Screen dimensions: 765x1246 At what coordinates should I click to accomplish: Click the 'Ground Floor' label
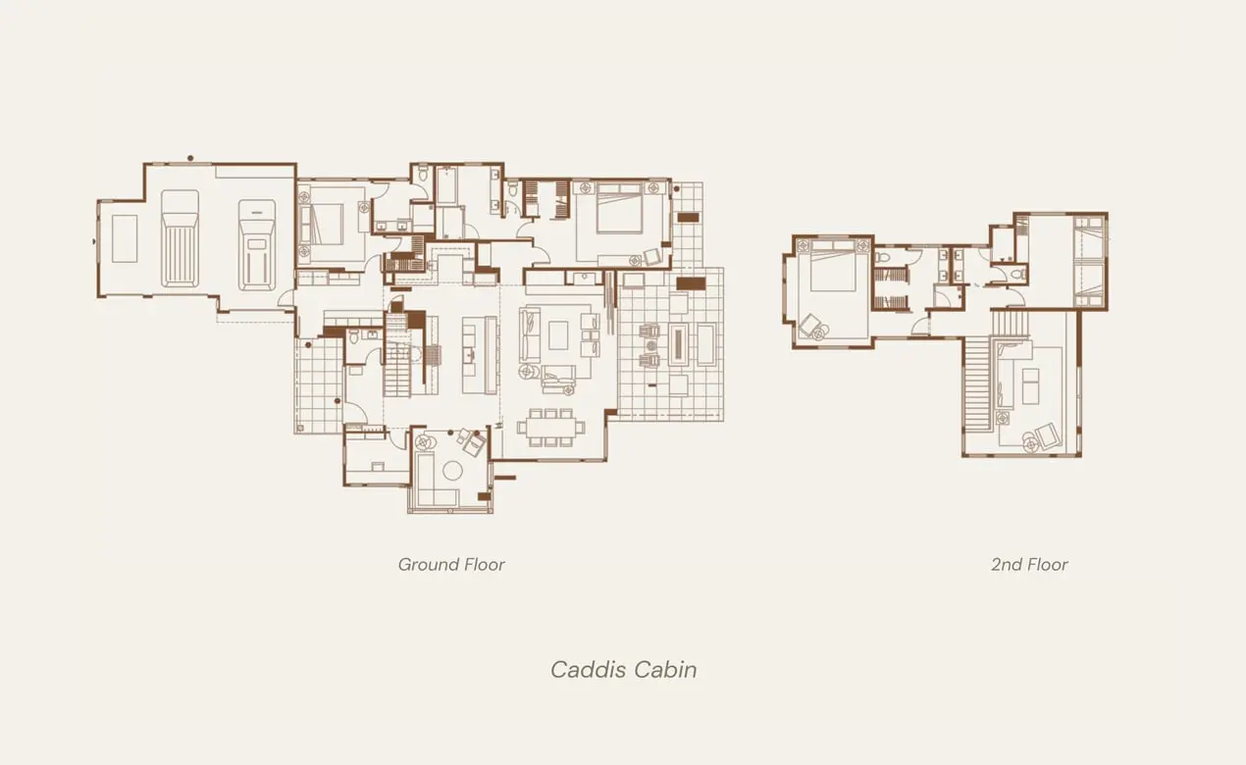pyautogui.click(x=451, y=564)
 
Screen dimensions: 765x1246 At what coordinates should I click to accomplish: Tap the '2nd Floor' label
pyautogui.click(x=1029, y=564)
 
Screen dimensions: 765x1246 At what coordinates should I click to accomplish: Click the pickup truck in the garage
pyautogui.click(x=180, y=238)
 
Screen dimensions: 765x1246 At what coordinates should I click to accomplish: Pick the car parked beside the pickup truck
pyautogui.click(x=256, y=244)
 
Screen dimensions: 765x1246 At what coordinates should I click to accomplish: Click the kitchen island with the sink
pyautogui.click(x=469, y=353)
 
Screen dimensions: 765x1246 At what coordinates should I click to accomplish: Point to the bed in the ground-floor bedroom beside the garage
pyautogui.click(x=327, y=225)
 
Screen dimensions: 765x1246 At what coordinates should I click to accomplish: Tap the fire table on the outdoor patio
pyautogui.click(x=676, y=342)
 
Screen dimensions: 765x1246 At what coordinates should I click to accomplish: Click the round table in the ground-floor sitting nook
pyautogui.click(x=452, y=470)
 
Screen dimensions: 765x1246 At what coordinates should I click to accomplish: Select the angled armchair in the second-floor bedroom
pyautogui.click(x=812, y=326)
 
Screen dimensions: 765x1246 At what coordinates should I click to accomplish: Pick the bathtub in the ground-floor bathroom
pyautogui.click(x=446, y=185)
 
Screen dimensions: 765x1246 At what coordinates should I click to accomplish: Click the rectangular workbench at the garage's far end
pyautogui.click(x=124, y=238)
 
